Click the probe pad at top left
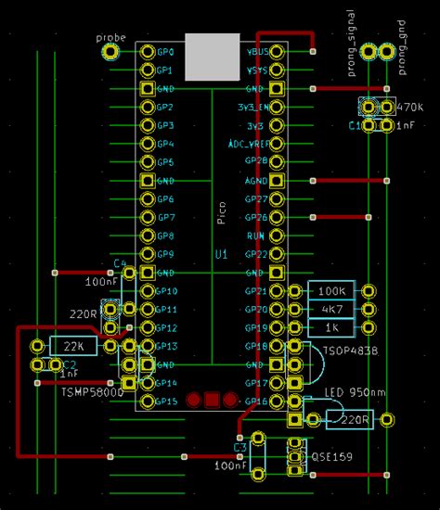coord(110,52)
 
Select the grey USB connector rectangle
coord(212,57)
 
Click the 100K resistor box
coord(331,291)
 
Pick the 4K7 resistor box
coord(331,309)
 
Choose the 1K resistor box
coord(331,327)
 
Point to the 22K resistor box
coord(74,346)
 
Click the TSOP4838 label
coord(351,351)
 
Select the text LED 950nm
coord(353,394)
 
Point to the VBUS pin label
coord(257,52)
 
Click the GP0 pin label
coord(166,52)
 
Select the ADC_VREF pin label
coord(248,144)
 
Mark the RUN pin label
coord(258,236)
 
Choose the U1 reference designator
coord(221,253)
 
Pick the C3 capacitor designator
coord(239,448)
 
